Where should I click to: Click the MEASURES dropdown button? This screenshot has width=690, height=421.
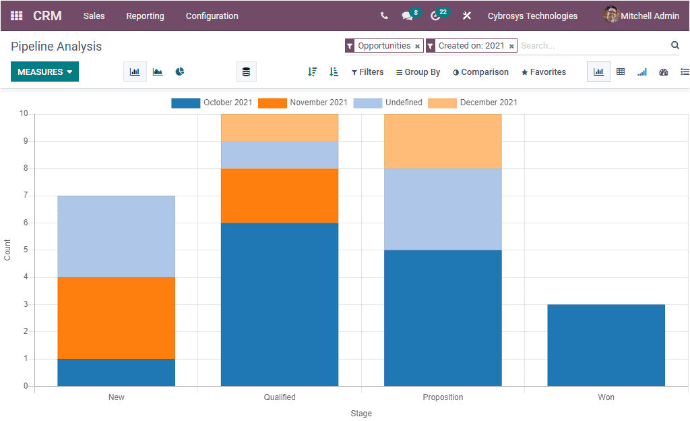44,72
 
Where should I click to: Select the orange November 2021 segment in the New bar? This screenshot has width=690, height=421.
116,317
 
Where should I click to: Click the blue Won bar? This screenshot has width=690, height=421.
606,345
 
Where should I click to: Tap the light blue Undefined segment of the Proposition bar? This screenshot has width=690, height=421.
443,209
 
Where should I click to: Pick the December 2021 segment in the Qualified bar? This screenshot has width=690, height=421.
280,128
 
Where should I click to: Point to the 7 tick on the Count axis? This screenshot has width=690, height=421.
24,196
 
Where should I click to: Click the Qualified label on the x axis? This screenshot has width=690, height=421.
280,397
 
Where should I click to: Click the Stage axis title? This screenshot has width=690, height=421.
361,414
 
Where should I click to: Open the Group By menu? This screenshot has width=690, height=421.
418,72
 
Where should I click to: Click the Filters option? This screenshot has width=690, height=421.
367,72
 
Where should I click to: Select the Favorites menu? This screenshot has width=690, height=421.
544,72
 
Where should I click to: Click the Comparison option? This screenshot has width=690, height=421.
480,72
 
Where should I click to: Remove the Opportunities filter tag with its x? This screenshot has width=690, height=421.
417,47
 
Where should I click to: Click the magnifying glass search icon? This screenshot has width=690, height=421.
675,45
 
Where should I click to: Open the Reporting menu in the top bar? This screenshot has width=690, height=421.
145,16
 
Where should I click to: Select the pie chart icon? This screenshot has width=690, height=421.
180,72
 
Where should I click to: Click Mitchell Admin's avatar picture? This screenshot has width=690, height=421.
611,15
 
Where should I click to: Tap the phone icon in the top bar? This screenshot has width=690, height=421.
384,16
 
